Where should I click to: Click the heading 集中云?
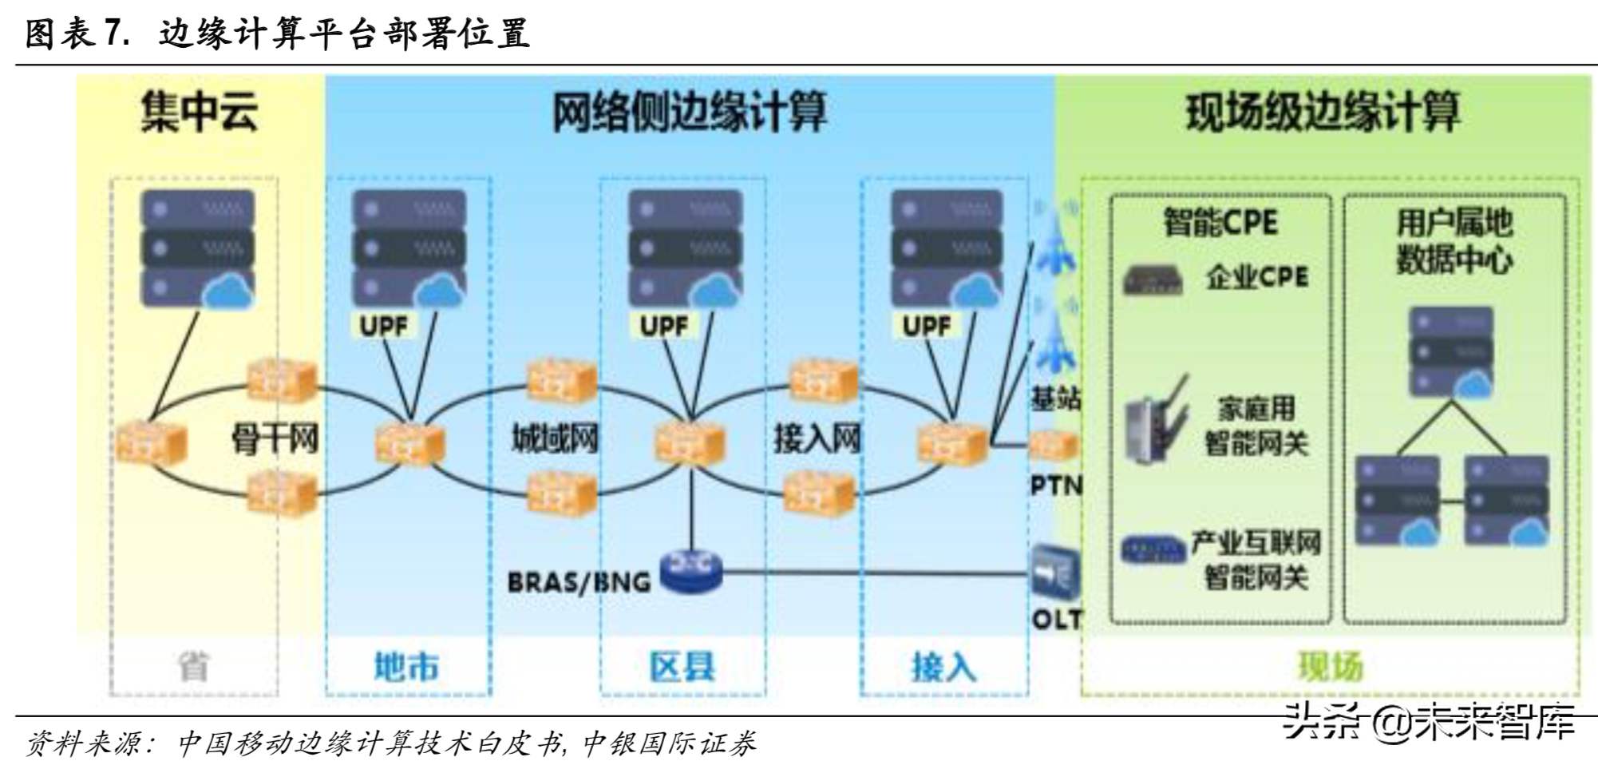click(x=200, y=112)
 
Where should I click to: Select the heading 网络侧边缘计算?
click(x=689, y=113)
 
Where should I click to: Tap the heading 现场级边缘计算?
click(x=1323, y=113)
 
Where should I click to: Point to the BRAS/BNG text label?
click(x=579, y=582)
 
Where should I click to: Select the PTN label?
click(x=1055, y=485)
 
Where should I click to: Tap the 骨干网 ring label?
click(x=275, y=439)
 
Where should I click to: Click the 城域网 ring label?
click(x=555, y=439)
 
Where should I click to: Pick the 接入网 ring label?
click(x=817, y=439)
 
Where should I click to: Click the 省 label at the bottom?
click(x=193, y=667)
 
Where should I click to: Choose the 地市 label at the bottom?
click(x=407, y=667)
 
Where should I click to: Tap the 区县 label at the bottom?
click(x=682, y=667)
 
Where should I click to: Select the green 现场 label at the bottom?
click(x=1330, y=667)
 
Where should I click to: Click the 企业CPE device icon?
click(x=1153, y=280)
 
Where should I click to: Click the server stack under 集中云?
click(x=197, y=248)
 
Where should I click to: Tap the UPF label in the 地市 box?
click(x=383, y=326)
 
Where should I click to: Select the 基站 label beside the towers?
click(x=1055, y=398)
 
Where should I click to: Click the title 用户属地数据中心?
click(x=1454, y=240)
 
